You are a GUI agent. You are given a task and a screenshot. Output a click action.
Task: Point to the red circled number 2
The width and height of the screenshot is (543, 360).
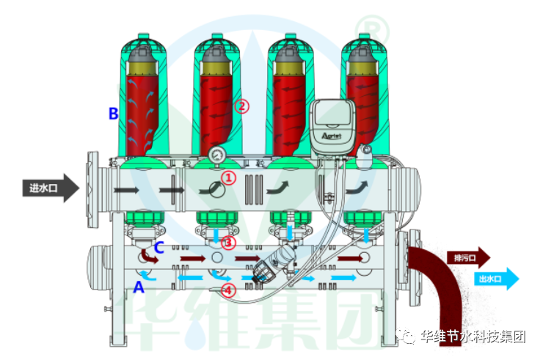click(241, 106)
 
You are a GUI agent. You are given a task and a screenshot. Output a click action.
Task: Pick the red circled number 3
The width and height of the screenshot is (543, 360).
click(228, 242)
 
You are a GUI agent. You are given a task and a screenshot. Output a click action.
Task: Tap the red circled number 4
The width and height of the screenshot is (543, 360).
click(228, 290)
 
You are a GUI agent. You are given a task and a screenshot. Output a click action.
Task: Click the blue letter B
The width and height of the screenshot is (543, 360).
click(114, 114)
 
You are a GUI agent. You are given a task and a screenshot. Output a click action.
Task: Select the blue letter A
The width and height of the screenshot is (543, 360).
click(139, 288)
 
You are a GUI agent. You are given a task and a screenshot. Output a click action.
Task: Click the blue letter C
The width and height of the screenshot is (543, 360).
click(159, 246)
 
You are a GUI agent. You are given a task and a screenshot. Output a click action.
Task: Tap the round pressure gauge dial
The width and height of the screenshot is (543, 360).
click(217, 155)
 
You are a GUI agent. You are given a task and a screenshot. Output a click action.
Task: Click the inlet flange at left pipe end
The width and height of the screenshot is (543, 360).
click(93, 189)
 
